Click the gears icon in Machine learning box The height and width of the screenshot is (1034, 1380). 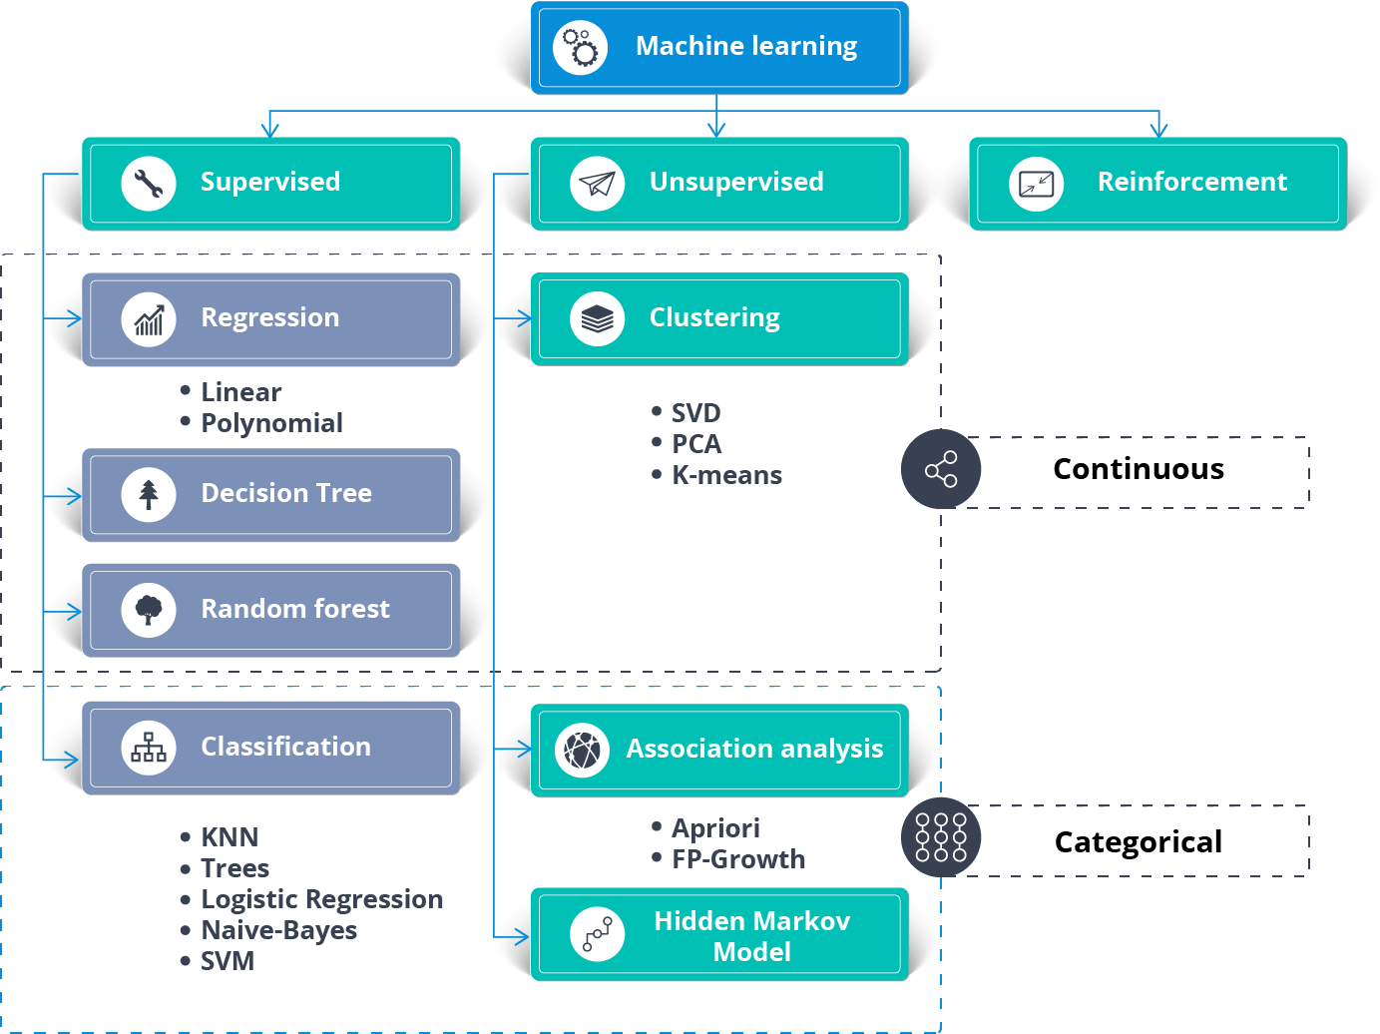tap(581, 47)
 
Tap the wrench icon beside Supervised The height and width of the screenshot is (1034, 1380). tap(149, 184)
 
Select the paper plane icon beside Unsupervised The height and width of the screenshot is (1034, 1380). tap(597, 184)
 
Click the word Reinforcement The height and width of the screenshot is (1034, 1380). tap(1191, 182)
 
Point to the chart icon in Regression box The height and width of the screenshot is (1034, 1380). tap(149, 319)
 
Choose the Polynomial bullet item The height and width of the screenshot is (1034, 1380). tap(271, 423)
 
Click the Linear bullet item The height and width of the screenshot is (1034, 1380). tap(240, 392)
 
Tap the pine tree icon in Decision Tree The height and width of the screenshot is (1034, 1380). tap(149, 494)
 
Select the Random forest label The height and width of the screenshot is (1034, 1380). tap(295, 609)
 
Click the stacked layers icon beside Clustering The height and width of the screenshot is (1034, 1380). tap(597, 319)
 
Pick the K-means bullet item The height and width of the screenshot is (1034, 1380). tap(726, 475)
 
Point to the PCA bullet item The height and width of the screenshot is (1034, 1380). tap(695, 444)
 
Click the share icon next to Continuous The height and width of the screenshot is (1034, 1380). tap(941, 469)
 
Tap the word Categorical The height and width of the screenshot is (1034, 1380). tap(1138, 842)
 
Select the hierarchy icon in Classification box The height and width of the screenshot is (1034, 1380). tap(149, 748)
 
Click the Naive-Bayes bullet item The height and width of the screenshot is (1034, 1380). tap(278, 930)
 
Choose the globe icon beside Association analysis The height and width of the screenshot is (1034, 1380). tap(582, 750)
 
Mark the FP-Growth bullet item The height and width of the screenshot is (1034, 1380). tap(737, 859)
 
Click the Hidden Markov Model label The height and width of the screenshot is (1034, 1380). tap(751, 936)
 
